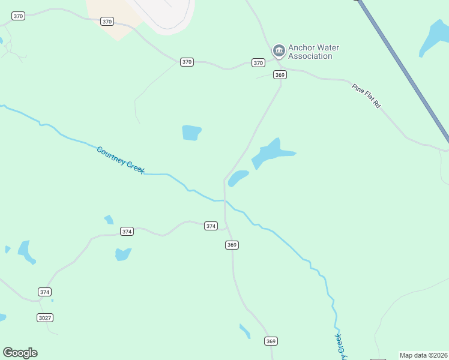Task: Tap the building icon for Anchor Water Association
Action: (x=279, y=50)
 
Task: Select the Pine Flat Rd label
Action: (x=367, y=96)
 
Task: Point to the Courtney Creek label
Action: (x=120, y=160)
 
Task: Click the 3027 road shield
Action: (x=44, y=317)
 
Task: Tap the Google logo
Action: (x=20, y=353)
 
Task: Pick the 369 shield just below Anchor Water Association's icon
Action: (x=279, y=74)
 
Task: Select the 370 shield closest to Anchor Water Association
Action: (x=258, y=62)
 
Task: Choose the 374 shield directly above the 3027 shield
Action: (x=44, y=292)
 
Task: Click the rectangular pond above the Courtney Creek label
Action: (x=191, y=133)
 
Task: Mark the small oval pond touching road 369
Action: (x=238, y=178)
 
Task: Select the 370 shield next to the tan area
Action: (x=107, y=22)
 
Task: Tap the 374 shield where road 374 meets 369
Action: (x=211, y=226)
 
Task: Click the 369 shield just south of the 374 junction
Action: (x=232, y=245)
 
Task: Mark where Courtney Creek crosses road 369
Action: (x=225, y=200)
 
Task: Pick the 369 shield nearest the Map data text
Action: (x=271, y=341)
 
